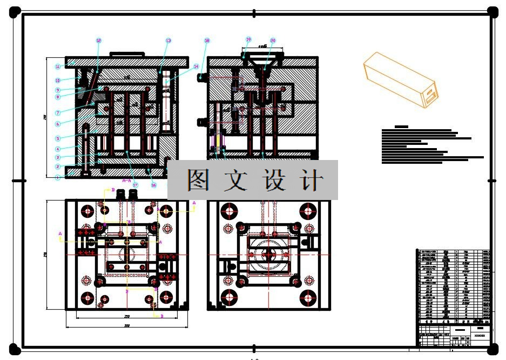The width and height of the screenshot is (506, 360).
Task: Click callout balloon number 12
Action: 98,41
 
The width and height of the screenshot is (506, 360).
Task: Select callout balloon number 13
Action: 168,41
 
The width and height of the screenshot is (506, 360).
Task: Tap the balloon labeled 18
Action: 207,41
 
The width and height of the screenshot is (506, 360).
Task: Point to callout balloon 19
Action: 248,39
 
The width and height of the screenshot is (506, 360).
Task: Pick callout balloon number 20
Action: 273,41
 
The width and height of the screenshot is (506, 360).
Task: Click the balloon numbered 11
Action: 57,66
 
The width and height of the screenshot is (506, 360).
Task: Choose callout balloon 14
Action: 196,66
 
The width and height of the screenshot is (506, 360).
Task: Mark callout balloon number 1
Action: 57,177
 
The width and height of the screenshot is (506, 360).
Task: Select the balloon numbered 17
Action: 135,185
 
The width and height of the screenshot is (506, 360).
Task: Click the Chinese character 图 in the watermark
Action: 198,181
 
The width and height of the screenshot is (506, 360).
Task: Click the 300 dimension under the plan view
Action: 127,326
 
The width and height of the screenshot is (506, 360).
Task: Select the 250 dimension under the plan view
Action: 127,316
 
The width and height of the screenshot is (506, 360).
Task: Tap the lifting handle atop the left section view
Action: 127,54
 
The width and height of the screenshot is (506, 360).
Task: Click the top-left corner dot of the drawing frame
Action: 15,11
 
